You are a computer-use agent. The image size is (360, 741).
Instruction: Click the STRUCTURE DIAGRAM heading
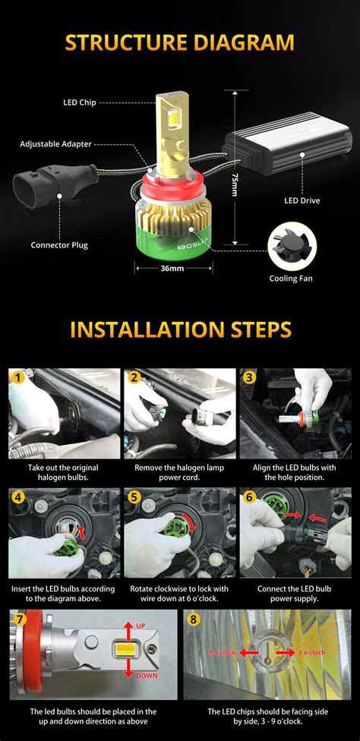pos(180,42)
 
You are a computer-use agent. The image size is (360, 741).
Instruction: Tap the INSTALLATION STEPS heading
pos(180,329)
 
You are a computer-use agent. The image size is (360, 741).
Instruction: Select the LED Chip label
pos(79,102)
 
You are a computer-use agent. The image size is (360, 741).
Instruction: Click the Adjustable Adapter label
pos(55,143)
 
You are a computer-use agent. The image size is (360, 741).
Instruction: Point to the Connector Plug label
pos(59,244)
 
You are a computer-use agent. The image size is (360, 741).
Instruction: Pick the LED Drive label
pos(302,200)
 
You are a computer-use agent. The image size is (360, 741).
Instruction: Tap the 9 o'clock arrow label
pos(221,651)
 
